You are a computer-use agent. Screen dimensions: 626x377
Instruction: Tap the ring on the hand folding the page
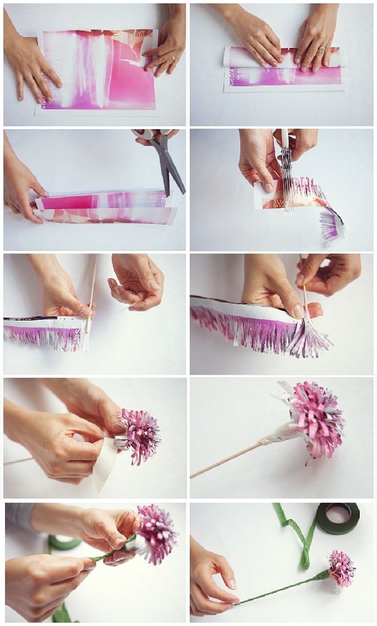coord(321,48)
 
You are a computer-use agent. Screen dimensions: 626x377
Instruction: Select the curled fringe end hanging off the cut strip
coord(332,224)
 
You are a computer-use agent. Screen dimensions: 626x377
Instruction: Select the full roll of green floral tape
coord(338,517)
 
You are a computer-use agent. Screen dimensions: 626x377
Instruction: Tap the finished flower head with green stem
coord(341,568)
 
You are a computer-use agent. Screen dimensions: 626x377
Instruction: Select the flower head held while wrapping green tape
coord(156,535)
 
